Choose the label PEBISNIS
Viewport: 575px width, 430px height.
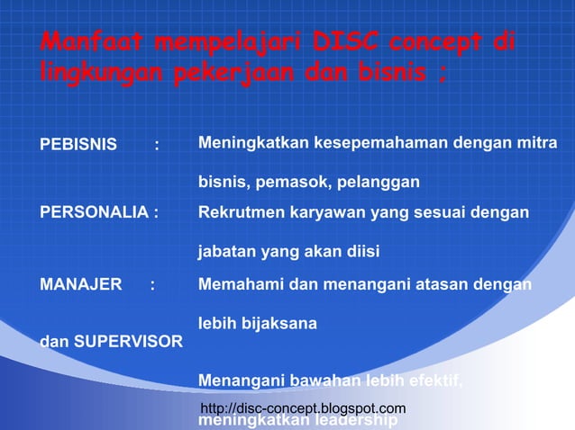click(x=78, y=145)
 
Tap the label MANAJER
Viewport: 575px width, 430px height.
click(x=81, y=285)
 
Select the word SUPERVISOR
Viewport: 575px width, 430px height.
click(x=129, y=342)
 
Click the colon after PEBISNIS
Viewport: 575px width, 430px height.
click(x=157, y=145)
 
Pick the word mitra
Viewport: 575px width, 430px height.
click(x=538, y=144)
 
